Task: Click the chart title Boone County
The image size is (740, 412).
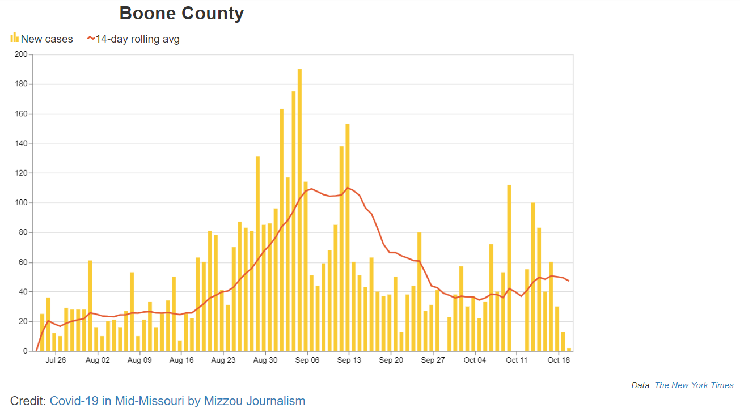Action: click(181, 13)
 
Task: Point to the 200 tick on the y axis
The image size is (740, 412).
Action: click(21, 54)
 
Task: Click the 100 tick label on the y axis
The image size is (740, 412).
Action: click(21, 203)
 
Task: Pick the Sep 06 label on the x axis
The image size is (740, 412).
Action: click(307, 360)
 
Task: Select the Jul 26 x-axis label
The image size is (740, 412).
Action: click(56, 360)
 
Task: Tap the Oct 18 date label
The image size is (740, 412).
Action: click(559, 360)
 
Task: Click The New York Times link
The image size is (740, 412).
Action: click(694, 385)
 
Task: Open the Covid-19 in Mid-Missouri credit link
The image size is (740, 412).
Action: click(177, 401)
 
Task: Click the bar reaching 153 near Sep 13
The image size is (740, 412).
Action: click(347, 238)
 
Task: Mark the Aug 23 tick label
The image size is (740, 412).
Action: click(223, 360)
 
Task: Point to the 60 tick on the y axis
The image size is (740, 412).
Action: click(23, 262)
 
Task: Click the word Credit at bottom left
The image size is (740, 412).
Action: click(28, 401)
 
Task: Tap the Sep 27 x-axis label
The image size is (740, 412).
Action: click(433, 360)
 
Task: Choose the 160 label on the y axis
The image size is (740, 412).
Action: click(21, 114)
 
